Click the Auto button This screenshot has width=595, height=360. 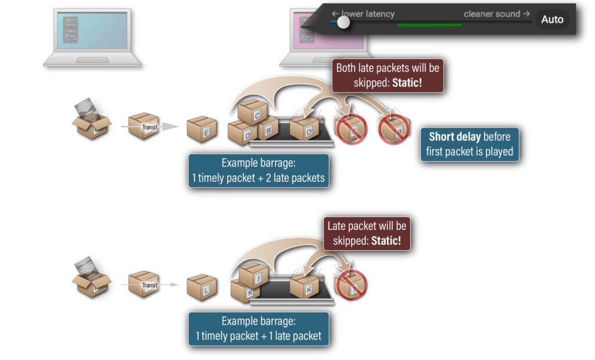pos(552,19)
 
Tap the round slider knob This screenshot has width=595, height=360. pos(343,22)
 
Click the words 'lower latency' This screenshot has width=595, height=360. pos(368,14)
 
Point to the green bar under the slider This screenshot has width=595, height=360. pos(430,25)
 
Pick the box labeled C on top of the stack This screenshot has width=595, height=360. pos(253,112)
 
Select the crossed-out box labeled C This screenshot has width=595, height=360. pos(350,129)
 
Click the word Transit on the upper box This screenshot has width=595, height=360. pos(150,127)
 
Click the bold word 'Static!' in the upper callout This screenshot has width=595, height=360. pos(407,82)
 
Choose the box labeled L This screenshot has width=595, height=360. pos(202,287)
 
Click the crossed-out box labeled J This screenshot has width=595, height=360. pos(351,286)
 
